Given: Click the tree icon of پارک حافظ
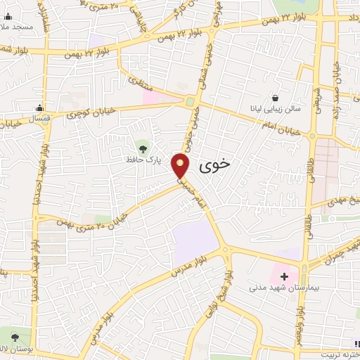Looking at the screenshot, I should tap(143, 148).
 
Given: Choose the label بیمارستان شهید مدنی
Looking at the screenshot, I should tap(279, 288).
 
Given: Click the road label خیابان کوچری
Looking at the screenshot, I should tap(89, 113).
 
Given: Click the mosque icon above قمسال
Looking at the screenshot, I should tap(40, 108).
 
